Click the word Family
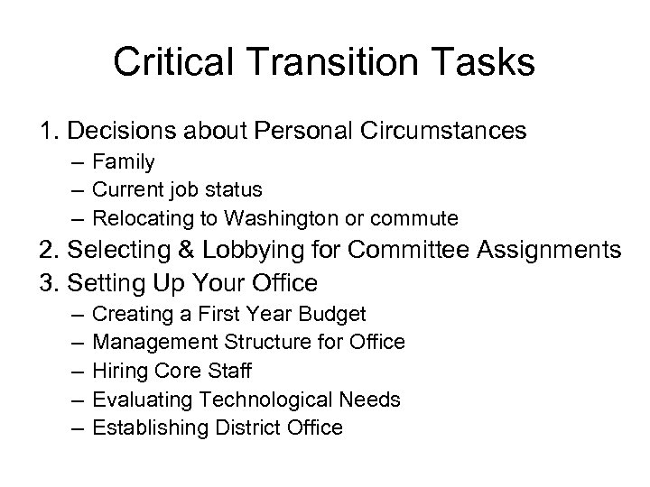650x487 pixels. coord(124,162)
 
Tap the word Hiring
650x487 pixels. coord(118,370)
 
